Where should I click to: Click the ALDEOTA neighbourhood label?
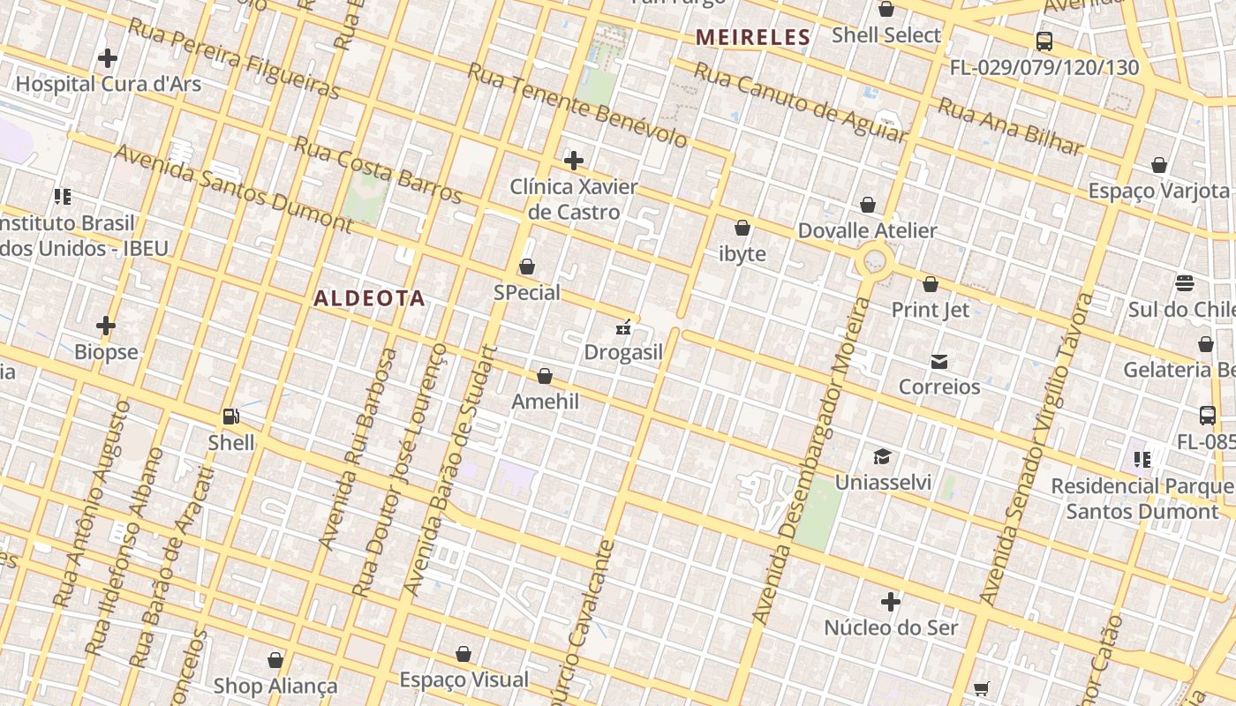pyautogui.click(x=369, y=298)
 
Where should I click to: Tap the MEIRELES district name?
pyautogui.click(x=752, y=37)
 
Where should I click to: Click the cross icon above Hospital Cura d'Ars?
pyautogui.click(x=108, y=58)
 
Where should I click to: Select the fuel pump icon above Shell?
pyautogui.click(x=231, y=416)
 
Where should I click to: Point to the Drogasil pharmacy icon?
pyautogui.click(x=624, y=327)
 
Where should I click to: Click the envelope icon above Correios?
pyautogui.click(x=938, y=361)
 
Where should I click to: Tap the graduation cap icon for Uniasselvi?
pyautogui.click(x=882, y=456)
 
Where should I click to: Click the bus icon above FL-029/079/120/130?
pyautogui.click(x=1044, y=41)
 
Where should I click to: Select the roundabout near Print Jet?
pyautogui.click(x=875, y=261)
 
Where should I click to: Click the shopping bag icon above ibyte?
pyautogui.click(x=742, y=228)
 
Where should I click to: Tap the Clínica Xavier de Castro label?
pyautogui.click(x=574, y=199)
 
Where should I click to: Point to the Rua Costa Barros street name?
pyautogui.click(x=378, y=168)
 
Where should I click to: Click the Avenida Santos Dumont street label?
pyautogui.click(x=233, y=189)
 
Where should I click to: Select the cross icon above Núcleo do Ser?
pyautogui.click(x=891, y=602)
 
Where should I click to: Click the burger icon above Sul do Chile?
pyautogui.click(x=1185, y=283)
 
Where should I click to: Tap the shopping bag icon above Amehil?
pyautogui.click(x=545, y=376)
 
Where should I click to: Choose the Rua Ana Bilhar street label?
pyautogui.click(x=1009, y=126)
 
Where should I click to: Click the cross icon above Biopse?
pyautogui.click(x=106, y=326)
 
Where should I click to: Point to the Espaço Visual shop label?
pyautogui.click(x=464, y=680)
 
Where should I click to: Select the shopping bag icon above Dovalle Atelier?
pyautogui.click(x=868, y=205)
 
